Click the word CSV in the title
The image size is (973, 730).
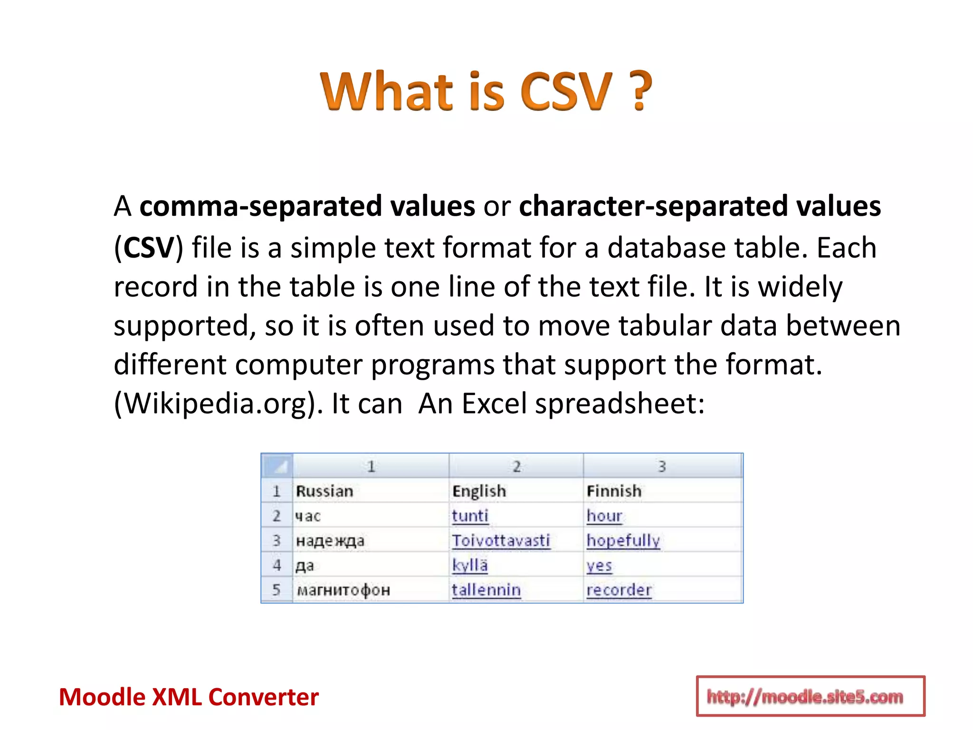pos(565,91)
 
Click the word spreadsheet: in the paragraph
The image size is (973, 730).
pos(620,403)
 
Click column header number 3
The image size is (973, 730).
pos(662,466)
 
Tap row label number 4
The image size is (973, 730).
pos(277,565)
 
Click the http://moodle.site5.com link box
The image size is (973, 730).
pos(810,696)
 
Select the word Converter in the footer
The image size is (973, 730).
pos(263,697)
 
